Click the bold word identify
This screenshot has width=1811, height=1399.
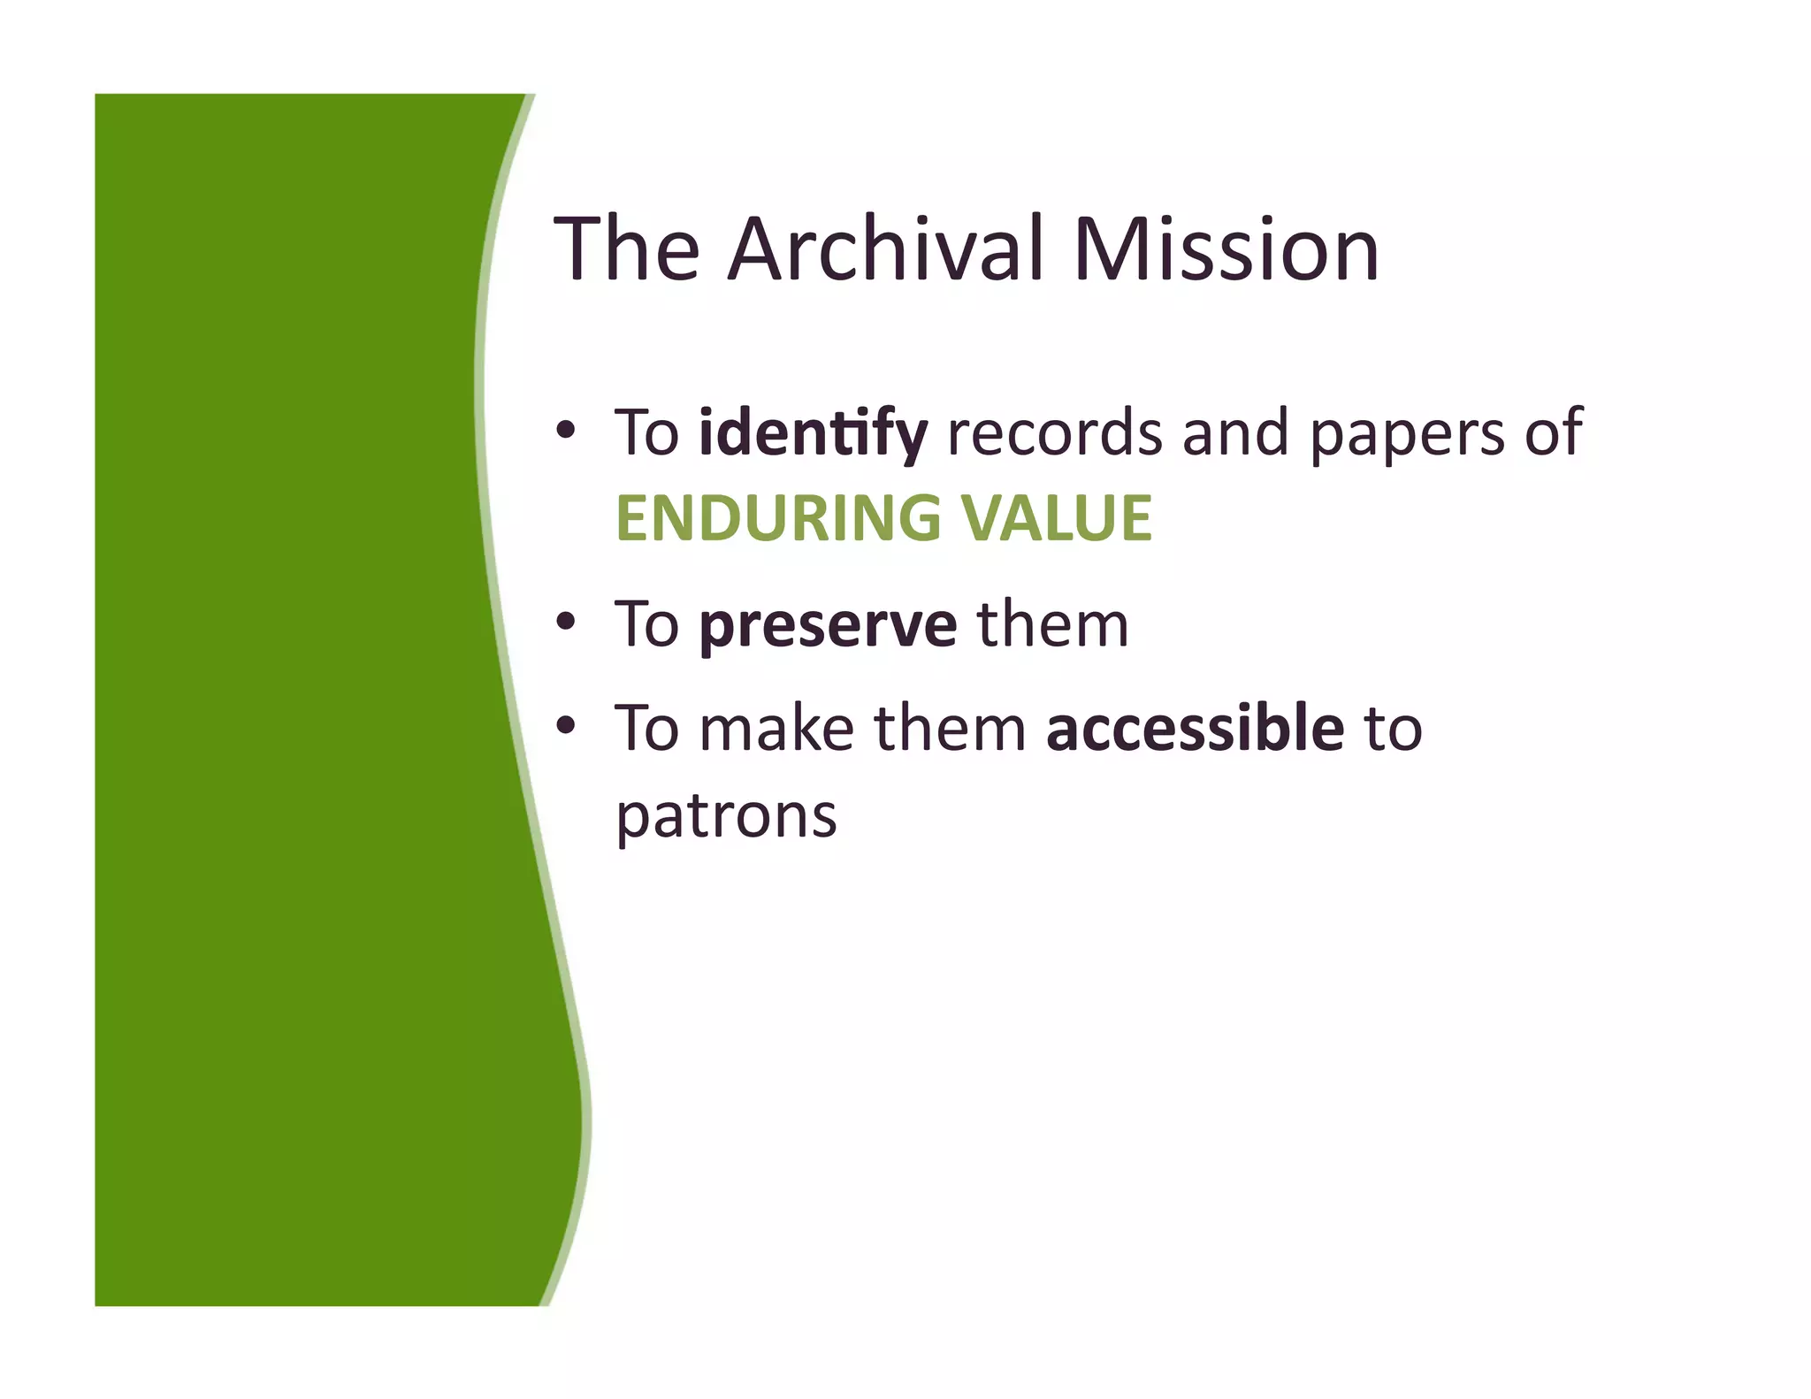[813, 433]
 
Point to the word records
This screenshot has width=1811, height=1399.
[1054, 433]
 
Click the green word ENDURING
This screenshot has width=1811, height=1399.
[778, 518]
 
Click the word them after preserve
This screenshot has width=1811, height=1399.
[1052, 624]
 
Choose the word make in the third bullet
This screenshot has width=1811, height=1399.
[776, 729]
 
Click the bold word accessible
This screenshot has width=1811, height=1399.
[1195, 729]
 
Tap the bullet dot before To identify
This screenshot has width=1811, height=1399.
[566, 431]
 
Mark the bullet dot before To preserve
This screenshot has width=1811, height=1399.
[566, 623]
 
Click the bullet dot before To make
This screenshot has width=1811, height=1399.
[566, 726]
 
